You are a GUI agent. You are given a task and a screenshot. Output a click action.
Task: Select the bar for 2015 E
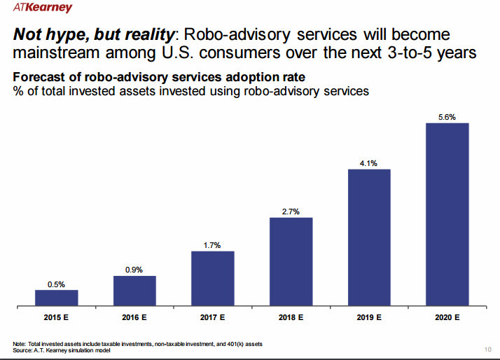[x=57, y=298]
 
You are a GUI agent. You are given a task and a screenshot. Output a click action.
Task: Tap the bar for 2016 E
[x=134, y=291]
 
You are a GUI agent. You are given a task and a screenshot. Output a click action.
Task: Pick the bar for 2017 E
[x=213, y=278]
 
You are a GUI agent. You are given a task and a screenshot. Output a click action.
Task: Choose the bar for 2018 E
[x=291, y=261]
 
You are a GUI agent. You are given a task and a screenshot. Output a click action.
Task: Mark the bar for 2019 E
[x=369, y=237]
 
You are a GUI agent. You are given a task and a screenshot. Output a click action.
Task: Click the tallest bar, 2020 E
[x=447, y=214]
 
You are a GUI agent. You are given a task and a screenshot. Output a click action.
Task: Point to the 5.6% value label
[x=447, y=117]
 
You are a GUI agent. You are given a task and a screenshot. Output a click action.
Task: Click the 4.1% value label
[x=369, y=163]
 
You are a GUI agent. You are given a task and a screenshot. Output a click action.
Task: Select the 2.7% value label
[x=291, y=212]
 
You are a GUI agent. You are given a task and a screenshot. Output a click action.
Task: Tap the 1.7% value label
[x=213, y=245]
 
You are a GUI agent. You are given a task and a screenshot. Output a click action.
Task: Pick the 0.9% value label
[x=134, y=270]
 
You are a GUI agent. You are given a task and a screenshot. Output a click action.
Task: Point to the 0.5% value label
[x=57, y=284]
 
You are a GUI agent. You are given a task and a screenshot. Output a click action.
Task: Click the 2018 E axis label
[x=291, y=317]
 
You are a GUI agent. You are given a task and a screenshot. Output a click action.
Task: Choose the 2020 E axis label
[x=447, y=317]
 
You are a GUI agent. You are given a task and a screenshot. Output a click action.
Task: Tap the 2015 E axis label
[x=57, y=317]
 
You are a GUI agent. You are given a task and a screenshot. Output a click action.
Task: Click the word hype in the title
[x=69, y=34]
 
